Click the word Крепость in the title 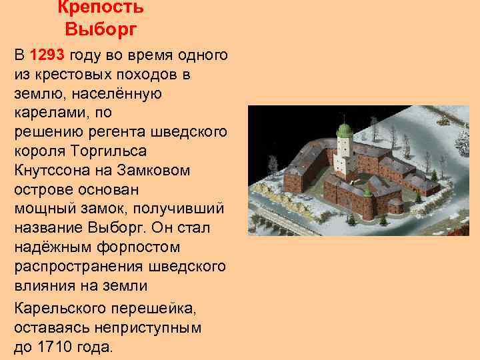click(x=100, y=8)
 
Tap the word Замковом click(x=153, y=171)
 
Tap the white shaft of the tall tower click(x=344, y=150)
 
